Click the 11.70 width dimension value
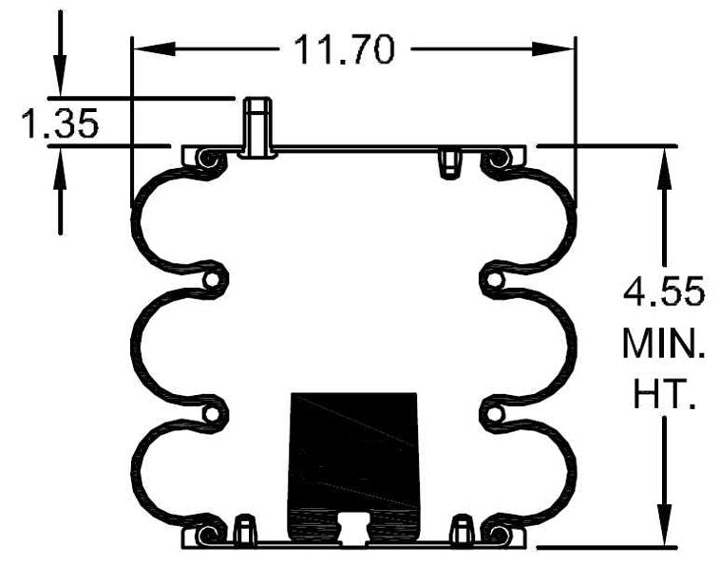tap(343, 48)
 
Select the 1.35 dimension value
tap(61, 123)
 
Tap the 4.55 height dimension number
tap(663, 291)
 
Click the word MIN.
tap(663, 343)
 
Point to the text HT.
tap(663, 394)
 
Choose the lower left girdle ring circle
tap(216, 414)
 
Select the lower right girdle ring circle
tap(491, 414)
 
